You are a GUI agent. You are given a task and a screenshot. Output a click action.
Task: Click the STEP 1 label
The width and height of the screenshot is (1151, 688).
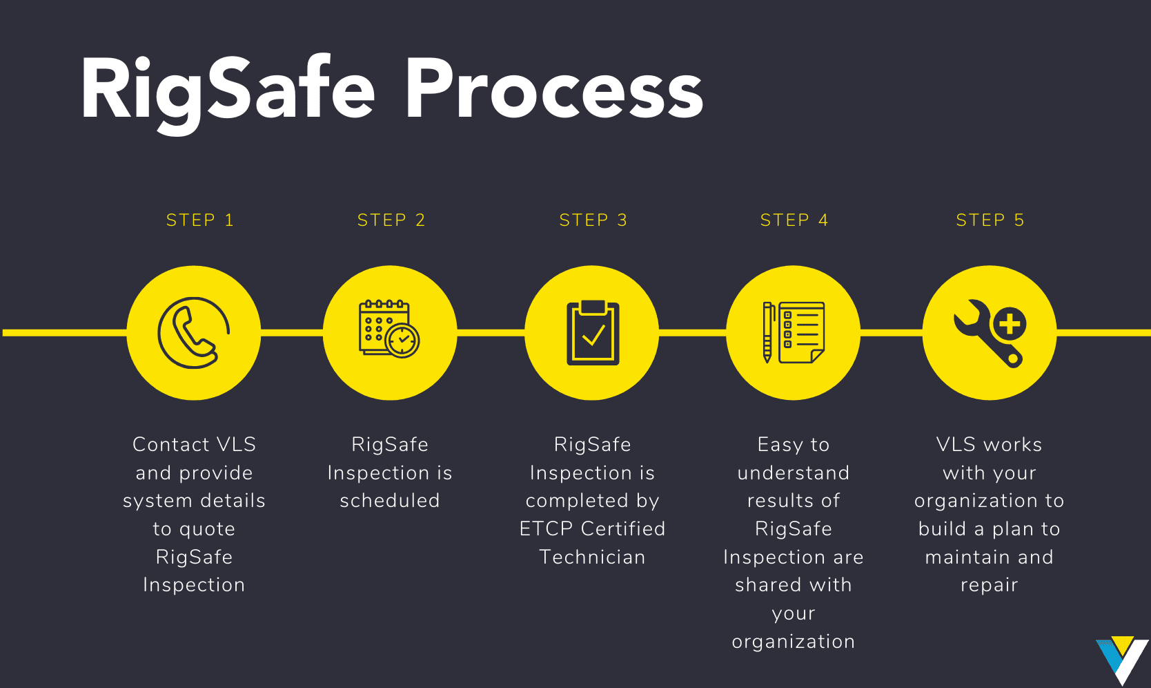(200, 220)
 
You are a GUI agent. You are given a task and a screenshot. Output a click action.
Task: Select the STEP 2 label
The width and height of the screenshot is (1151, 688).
(391, 220)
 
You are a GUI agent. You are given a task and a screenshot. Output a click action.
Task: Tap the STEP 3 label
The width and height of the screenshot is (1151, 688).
(593, 220)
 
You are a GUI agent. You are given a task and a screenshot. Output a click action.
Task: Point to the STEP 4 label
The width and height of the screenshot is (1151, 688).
(794, 220)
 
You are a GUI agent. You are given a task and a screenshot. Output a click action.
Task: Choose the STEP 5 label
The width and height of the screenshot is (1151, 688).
(990, 220)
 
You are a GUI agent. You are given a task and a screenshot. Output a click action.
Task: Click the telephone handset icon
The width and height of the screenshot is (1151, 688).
(193, 333)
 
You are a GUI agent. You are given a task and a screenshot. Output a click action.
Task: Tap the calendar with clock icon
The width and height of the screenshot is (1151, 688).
(389, 329)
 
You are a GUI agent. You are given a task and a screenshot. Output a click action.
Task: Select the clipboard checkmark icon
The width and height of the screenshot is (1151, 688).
(593, 333)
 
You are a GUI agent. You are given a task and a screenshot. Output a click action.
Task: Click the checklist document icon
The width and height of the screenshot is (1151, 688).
(801, 332)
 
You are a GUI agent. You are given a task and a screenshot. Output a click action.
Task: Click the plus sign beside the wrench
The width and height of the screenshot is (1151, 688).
(1010, 323)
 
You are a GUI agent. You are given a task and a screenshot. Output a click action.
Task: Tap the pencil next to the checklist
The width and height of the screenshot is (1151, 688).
(767, 332)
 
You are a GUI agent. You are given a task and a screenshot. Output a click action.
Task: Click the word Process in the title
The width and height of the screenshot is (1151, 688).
(553, 90)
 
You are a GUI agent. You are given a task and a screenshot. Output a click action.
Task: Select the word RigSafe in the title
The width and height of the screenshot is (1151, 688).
(228, 90)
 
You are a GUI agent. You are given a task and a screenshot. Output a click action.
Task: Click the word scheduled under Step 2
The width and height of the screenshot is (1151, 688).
(390, 501)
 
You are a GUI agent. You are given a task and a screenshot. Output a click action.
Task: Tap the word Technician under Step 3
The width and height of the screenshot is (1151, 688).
(593, 557)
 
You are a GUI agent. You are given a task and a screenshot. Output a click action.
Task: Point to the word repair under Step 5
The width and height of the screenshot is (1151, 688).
(990, 586)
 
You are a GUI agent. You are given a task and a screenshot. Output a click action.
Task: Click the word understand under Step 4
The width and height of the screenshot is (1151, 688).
(794, 473)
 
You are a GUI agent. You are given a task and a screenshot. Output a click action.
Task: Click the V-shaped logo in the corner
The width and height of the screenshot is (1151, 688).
(1122, 659)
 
